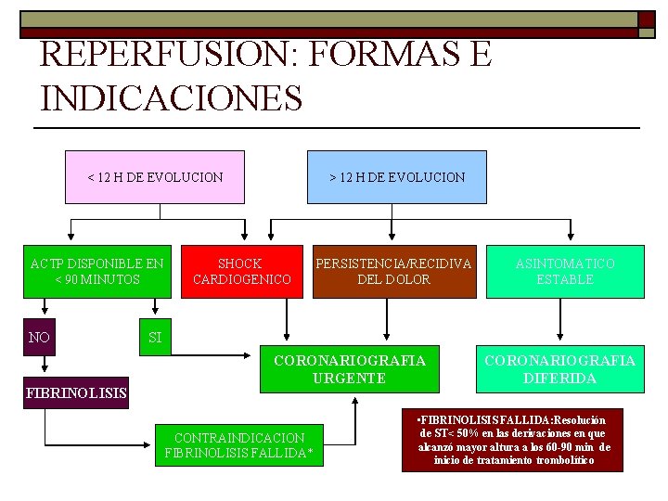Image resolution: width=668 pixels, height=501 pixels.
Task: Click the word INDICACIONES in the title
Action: [172, 97]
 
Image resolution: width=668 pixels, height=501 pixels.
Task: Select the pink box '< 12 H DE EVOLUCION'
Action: [155, 176]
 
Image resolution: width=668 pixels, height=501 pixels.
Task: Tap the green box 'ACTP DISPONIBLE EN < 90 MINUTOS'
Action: [96, 271]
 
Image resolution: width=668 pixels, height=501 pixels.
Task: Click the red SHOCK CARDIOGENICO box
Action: [241, 271]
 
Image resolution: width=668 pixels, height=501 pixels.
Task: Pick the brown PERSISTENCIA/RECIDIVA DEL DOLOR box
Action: [393, 271]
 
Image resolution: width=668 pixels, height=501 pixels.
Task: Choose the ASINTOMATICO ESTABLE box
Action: [565, 271]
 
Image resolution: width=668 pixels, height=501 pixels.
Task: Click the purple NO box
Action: [39, 338]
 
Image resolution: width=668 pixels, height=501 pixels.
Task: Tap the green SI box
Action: [155, 338]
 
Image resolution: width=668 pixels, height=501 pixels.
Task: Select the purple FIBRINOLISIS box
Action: [76, 392]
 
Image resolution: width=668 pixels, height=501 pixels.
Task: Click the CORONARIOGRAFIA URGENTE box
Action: [349, 369]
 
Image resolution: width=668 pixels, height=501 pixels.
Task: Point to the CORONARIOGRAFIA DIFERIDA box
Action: [559, 369]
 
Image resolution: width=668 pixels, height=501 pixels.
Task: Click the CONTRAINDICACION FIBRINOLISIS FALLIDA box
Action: [238, 445]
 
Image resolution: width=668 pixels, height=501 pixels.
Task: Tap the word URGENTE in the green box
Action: [349, 379]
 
